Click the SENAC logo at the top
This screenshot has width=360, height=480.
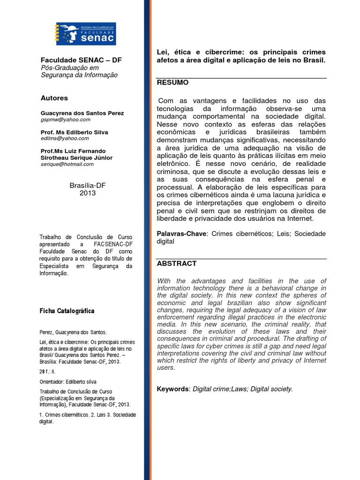[x=86, y=34]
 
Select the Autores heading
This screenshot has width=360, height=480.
[x=54, y=98]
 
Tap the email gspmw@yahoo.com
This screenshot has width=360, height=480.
[x=66, y=120]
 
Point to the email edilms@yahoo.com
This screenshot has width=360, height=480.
[x=65, y=138]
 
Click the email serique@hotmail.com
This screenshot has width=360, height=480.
[x=67, y=164]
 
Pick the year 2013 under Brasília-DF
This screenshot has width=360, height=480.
[x=87, y=193]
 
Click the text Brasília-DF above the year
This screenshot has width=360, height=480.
[x=87, y=186]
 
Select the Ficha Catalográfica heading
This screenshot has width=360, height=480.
[x=67, y=311]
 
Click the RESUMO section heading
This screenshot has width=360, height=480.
[x=172, y=82]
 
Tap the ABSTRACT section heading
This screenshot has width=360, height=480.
[x=177, y=263]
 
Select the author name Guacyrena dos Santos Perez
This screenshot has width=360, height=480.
[x=82, y=113]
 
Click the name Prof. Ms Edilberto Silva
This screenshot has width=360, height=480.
[x=75, y=132]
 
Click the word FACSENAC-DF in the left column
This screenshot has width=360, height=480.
[x=112, y=245]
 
